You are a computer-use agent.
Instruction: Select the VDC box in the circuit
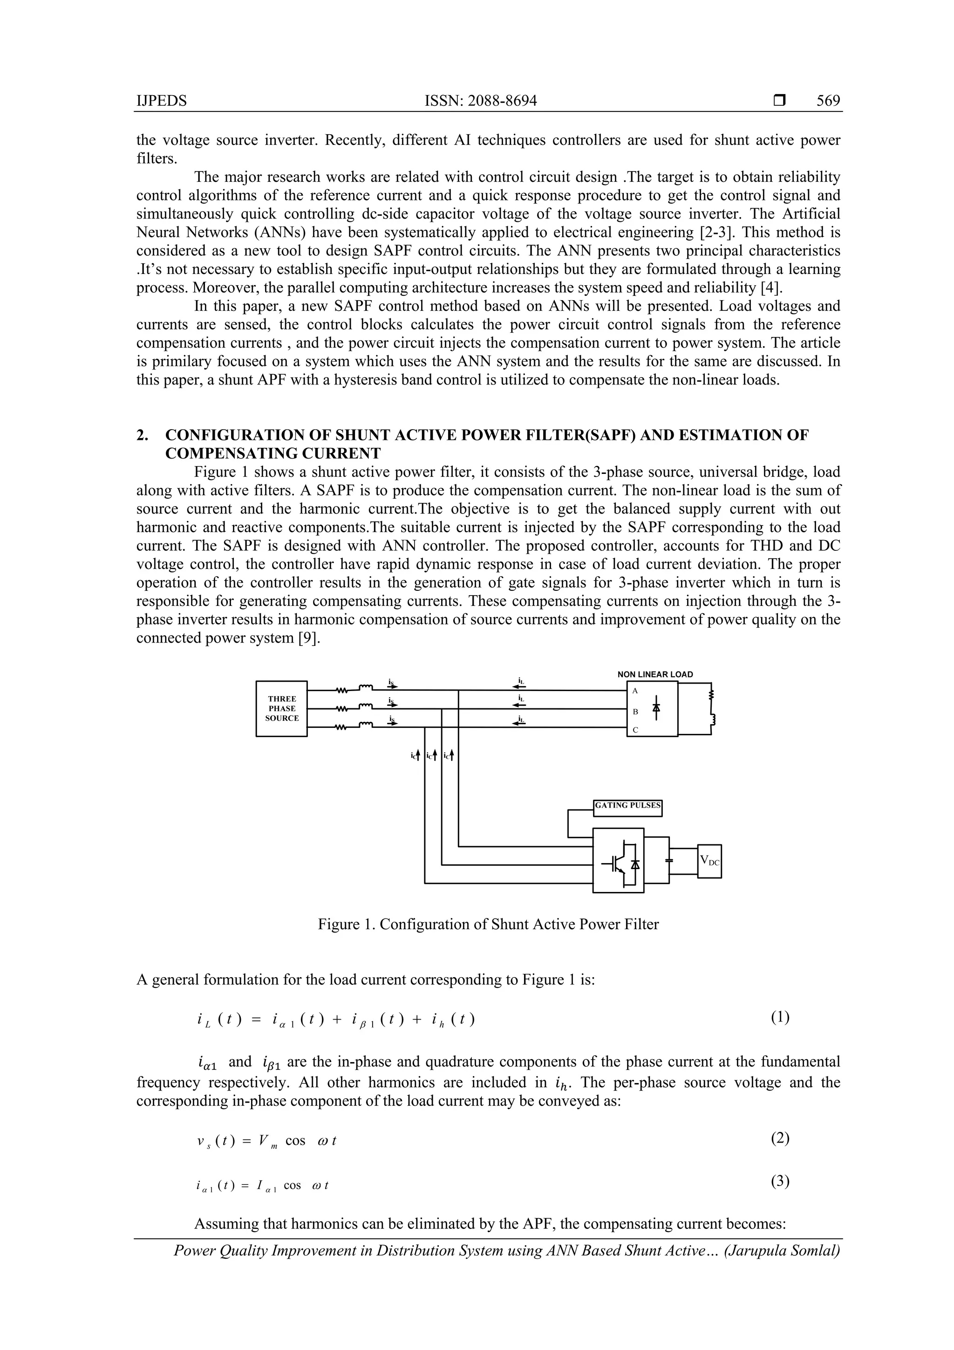[709, 861]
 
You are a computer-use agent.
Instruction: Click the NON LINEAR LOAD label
[655, 674]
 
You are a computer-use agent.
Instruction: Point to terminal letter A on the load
[635, 691]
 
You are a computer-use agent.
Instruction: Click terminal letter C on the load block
[635, 730]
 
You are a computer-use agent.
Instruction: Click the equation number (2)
[780, 1139]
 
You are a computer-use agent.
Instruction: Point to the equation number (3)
[780, 1182]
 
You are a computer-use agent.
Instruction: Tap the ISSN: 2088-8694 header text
[480, 101]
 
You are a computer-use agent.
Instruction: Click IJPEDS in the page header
[161, 101]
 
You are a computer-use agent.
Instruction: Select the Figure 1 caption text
[488, 924]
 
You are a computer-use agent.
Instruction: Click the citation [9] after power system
[310, 638]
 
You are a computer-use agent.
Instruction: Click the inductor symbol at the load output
[712, 721]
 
